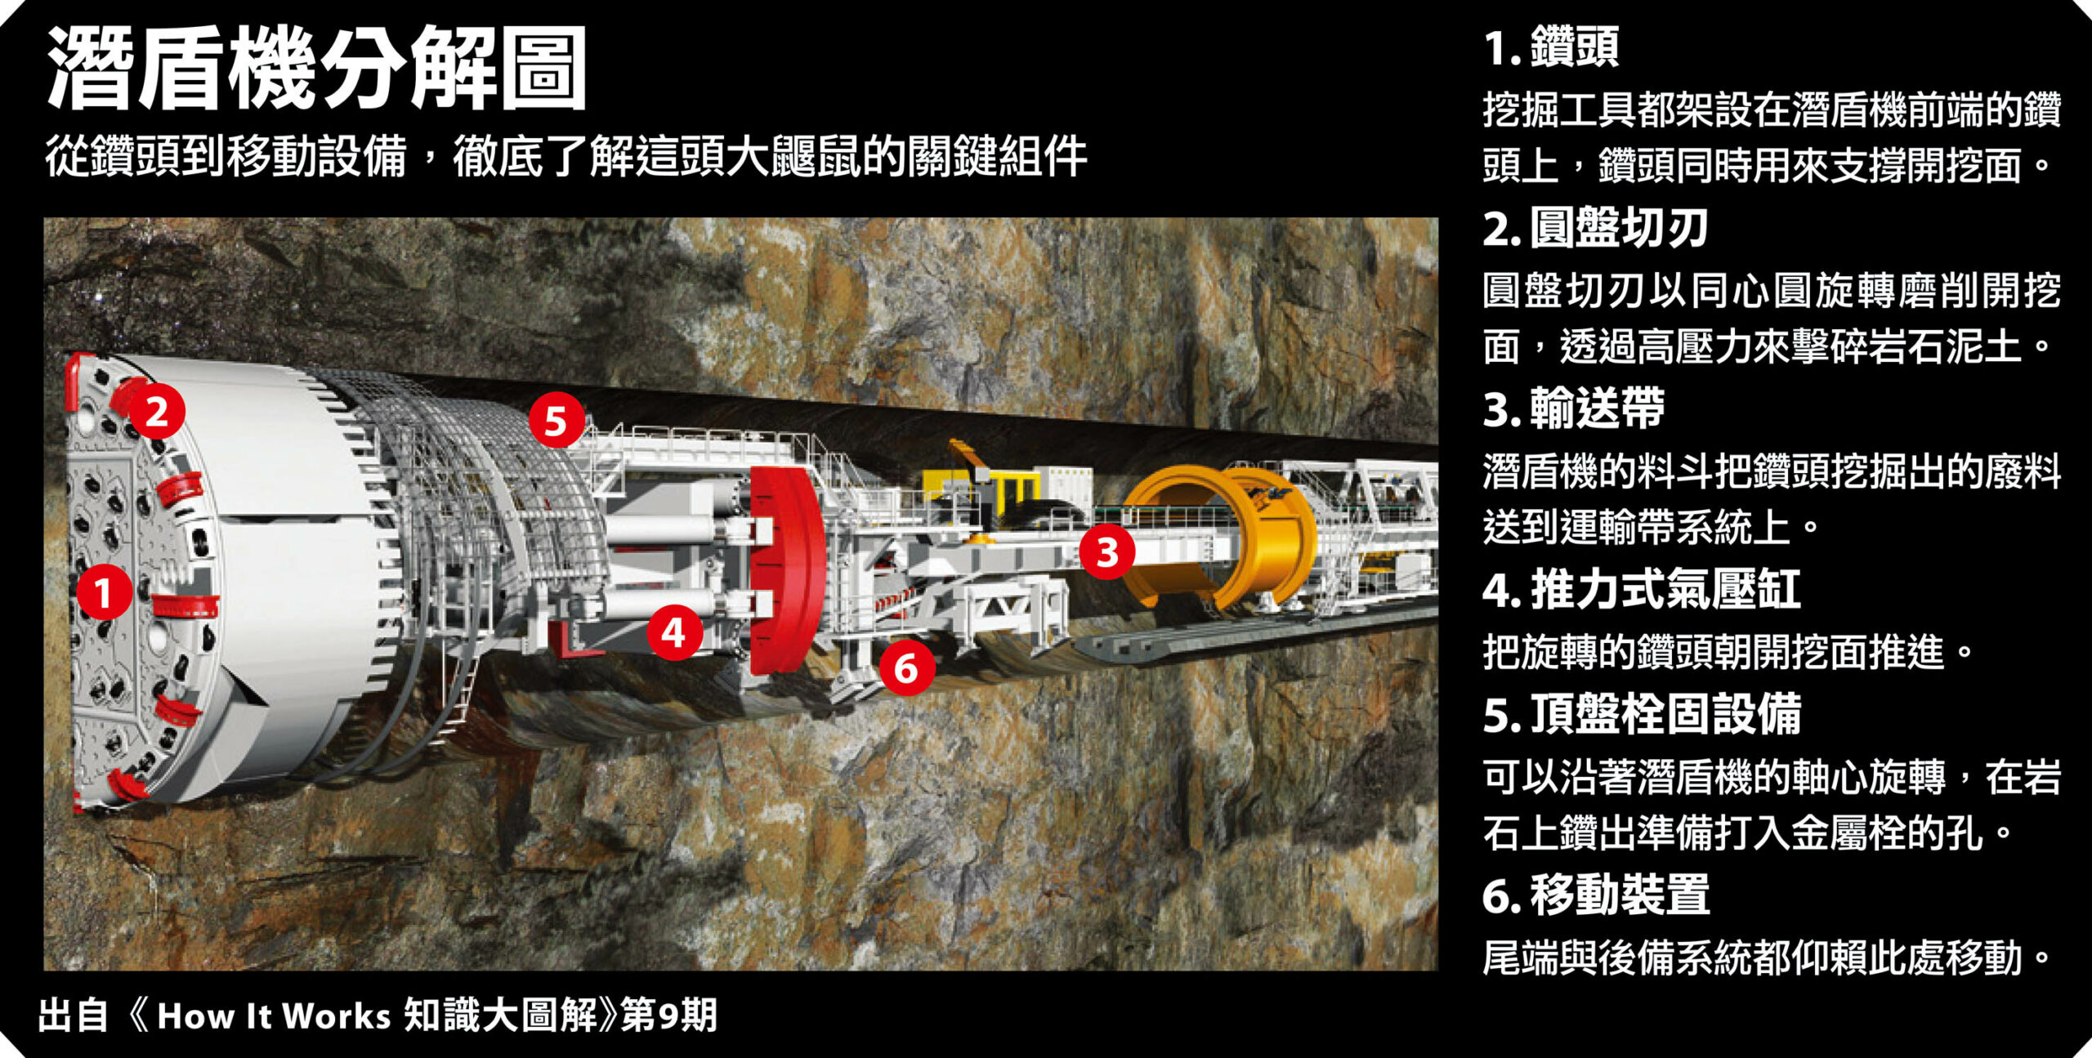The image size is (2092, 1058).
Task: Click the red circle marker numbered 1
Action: click(104, 592)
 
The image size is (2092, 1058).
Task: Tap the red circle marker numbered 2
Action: click(156, 411)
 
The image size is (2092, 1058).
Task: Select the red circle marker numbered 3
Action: click(1107, 551)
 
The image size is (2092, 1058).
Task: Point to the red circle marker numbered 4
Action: click(674, 632)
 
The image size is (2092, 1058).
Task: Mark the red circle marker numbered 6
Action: click(907, 667)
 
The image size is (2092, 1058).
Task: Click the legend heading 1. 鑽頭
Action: click(1550, 47)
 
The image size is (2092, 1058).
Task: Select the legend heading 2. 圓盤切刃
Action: click(1595, 228)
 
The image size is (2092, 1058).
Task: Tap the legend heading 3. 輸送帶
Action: click(1573, 408)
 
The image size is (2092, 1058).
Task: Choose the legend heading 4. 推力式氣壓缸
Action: click(1641, 589)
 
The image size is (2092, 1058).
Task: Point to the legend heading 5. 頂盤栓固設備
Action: click(1641, 714)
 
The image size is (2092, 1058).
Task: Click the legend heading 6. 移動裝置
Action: click(1595, 895)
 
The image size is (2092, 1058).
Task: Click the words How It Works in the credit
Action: click(274, 1016)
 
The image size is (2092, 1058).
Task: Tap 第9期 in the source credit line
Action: click(668, 1016)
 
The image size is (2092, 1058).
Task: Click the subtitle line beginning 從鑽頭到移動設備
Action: click(565, 156)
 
